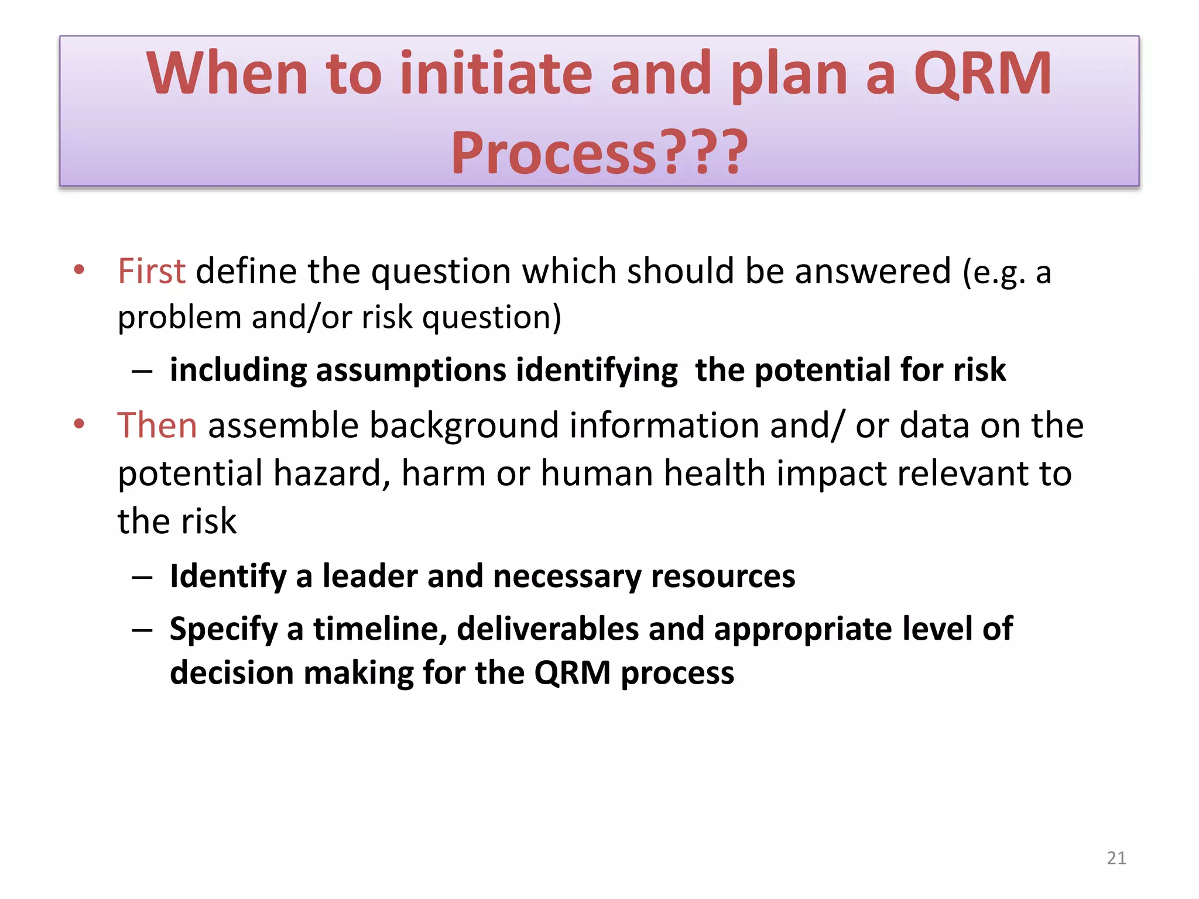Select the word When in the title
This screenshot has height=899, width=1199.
click(x=227, y=74)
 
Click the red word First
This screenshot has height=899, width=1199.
click(x=151, y=272)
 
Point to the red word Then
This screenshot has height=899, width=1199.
click(x=157, y=426)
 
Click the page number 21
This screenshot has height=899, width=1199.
click(x=1116, y=858)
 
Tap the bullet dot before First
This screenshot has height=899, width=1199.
click(x=80, y=270)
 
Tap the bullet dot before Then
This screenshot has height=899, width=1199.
click(x=80, y=424)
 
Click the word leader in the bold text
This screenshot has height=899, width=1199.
click(x=370, y=577)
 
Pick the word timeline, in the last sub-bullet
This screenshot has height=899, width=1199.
click(x=380, y=630)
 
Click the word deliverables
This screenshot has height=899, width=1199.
click(x=547, y=630)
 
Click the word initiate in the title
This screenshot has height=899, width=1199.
click(x=496, y=74)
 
